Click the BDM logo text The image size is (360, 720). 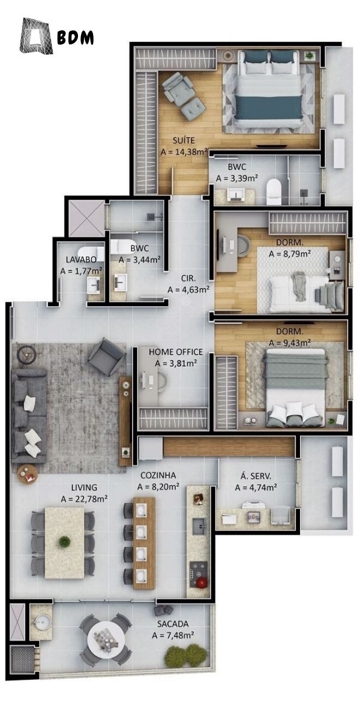[x=76, y=38]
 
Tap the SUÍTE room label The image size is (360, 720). [x=184, y=140]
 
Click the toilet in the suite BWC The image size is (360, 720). [x=274, y=191]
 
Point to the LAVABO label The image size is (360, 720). [x=81, y=259]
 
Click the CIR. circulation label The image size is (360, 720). [x=188, y=278]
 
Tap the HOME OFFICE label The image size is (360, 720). [x=175, y=352]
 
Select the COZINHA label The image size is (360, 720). [x=158, y=475]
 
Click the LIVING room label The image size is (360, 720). [x=84, y=488]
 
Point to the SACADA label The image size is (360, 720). [x=173, y=624]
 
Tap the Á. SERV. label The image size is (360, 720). [x=256, y=476]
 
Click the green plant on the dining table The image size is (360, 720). [x=64, y=542]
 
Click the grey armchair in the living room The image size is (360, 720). [x=106, y=356]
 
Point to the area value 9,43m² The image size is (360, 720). [x=290, y=343]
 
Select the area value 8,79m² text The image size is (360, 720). [x=290, y=254]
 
